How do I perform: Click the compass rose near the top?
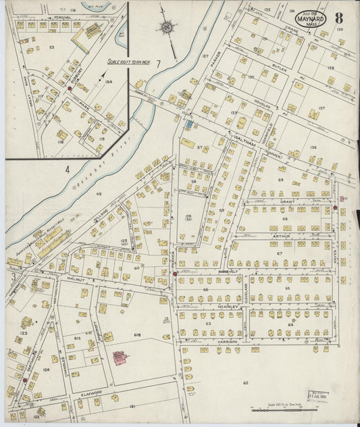click(x=166, y=28)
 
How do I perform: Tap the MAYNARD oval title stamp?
click(x=311, y=19)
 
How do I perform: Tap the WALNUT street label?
click(x=74, y=278)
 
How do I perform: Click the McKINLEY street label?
click(x=230, y=306)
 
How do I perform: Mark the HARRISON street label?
click(x=228, y=342)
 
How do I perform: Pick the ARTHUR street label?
click(x=282, y=236)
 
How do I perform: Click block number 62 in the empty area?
click(x=246, y=382)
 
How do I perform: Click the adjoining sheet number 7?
click(x=158, y=64)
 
